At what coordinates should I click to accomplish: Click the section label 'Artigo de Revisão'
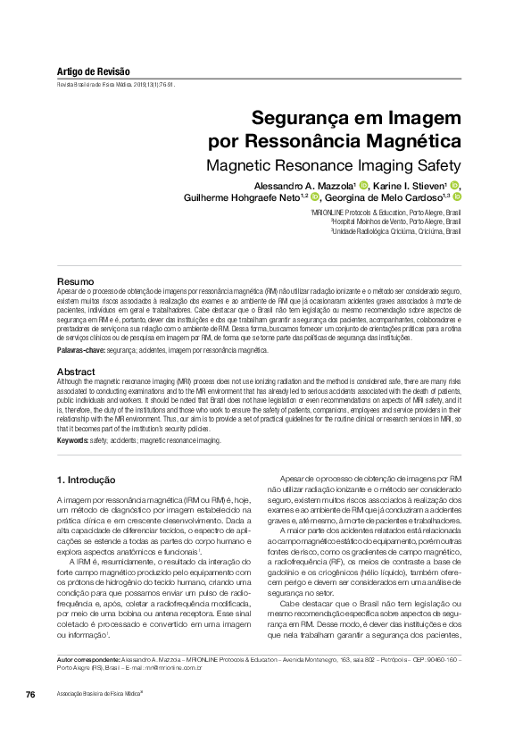pyautogui.click(x=93, y=71)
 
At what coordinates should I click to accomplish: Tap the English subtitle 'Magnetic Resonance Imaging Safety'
pyautogui.click(x=333, y=166)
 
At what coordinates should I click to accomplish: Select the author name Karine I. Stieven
pyautogui.click(x=411, y=185)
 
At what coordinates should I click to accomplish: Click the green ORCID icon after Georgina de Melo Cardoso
pyautogui.click(x=455, y=197)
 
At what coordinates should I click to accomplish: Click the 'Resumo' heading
pyautogui.click(x=75, y=282)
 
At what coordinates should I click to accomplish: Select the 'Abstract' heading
pyautogui.click(x=76, y=371)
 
